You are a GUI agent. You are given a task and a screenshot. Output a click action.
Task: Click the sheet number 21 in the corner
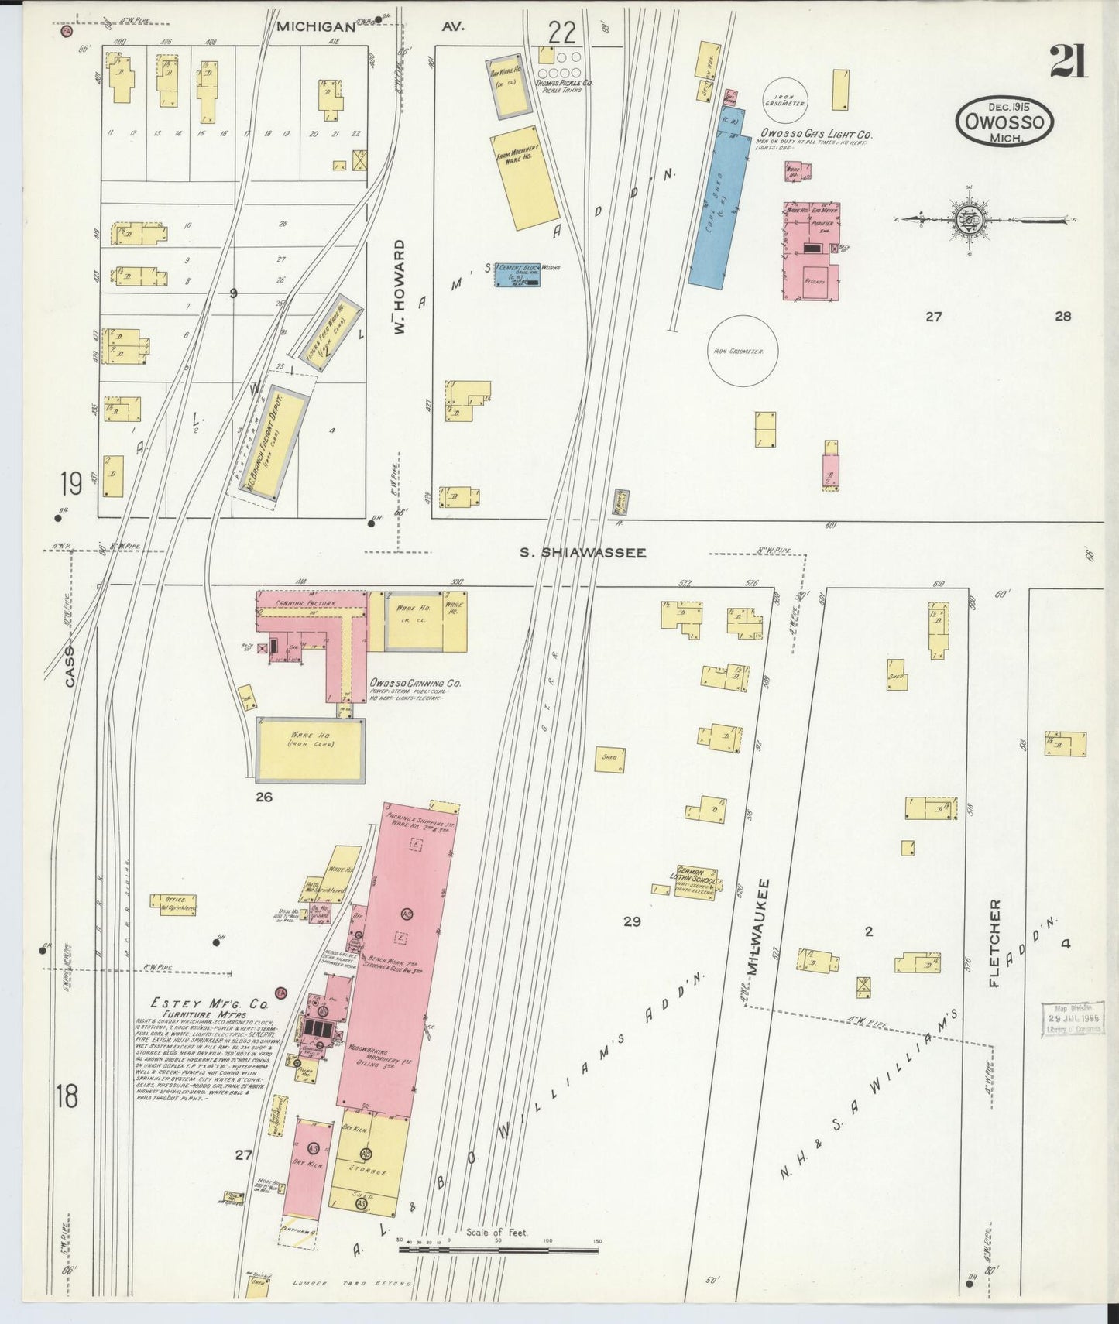(1069, 62)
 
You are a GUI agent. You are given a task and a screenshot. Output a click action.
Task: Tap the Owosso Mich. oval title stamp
(1005, 122)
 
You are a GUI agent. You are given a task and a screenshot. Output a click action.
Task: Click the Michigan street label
(316, 26)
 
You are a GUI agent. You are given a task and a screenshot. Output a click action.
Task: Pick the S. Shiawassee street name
(582, 553)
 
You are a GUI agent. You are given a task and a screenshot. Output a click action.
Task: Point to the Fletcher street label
(995, 942)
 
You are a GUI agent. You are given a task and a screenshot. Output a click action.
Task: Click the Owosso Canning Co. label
(415, 684)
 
